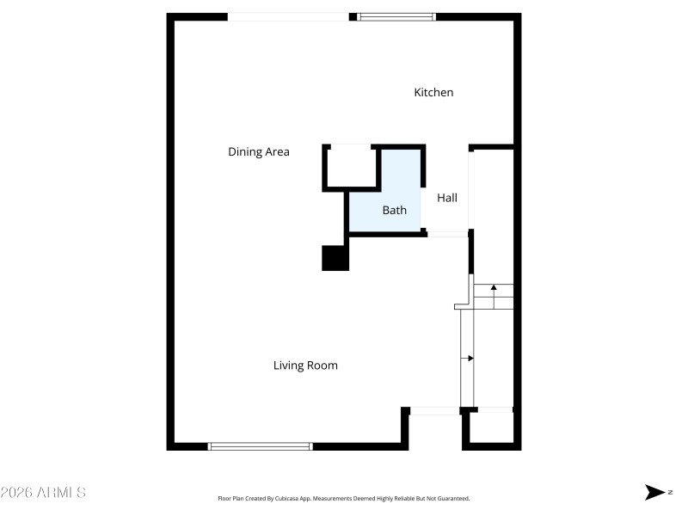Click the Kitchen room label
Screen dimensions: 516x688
(433, 92)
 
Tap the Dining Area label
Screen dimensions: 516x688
(258, 152)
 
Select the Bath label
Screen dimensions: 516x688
(395, 210)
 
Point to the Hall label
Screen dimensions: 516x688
(447, 198)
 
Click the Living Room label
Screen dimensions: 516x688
(305, 365)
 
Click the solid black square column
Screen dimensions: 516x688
(335, 258)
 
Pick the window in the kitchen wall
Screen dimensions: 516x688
(396, 16)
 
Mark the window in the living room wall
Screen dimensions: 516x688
(261, 446)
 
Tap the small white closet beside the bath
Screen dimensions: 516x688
(351, 165)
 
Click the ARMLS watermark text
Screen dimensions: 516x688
(43, 493)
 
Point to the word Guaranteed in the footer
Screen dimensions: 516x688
(452, 498)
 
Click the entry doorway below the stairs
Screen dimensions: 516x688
(434, 411)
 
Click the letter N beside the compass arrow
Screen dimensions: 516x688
(669, 492)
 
